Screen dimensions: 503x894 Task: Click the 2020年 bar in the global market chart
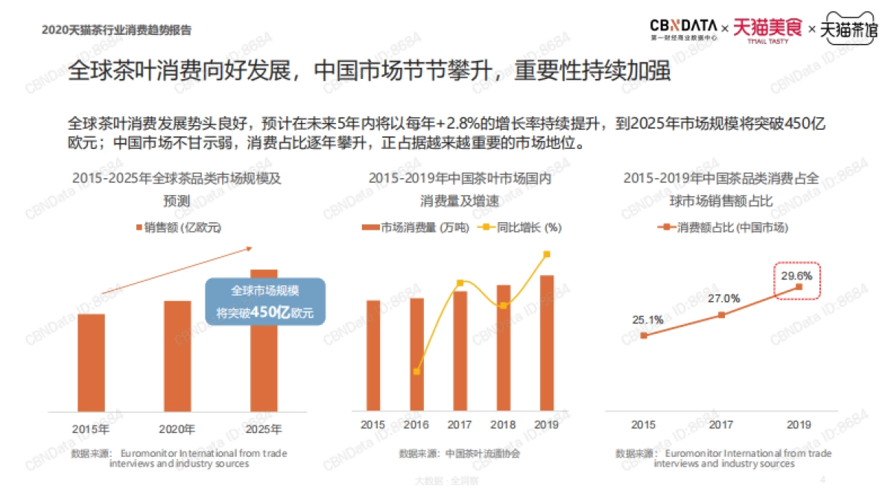[177, 355]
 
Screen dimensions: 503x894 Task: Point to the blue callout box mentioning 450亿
[264, 302]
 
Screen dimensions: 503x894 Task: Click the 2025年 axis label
[264, 429]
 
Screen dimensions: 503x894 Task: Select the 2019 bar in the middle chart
[546, 343]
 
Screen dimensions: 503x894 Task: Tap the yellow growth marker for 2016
[417, 371]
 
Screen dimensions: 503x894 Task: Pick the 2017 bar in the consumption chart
[460, 350]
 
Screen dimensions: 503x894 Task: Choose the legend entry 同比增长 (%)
[522, 227]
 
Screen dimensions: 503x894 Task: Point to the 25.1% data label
[648, 320]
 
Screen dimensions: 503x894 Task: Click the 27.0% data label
[724, 298]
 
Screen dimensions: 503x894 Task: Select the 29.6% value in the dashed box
[796, 275]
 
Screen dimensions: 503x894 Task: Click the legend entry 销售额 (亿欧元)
[179, 227]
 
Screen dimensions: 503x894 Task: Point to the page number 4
[822, 479]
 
